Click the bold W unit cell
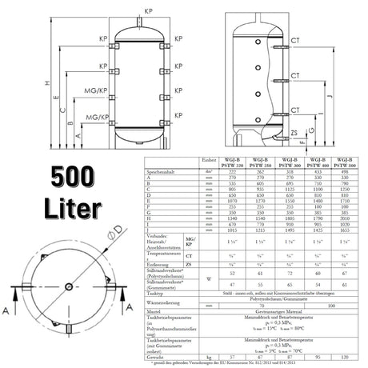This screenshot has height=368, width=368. pos(207,279)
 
